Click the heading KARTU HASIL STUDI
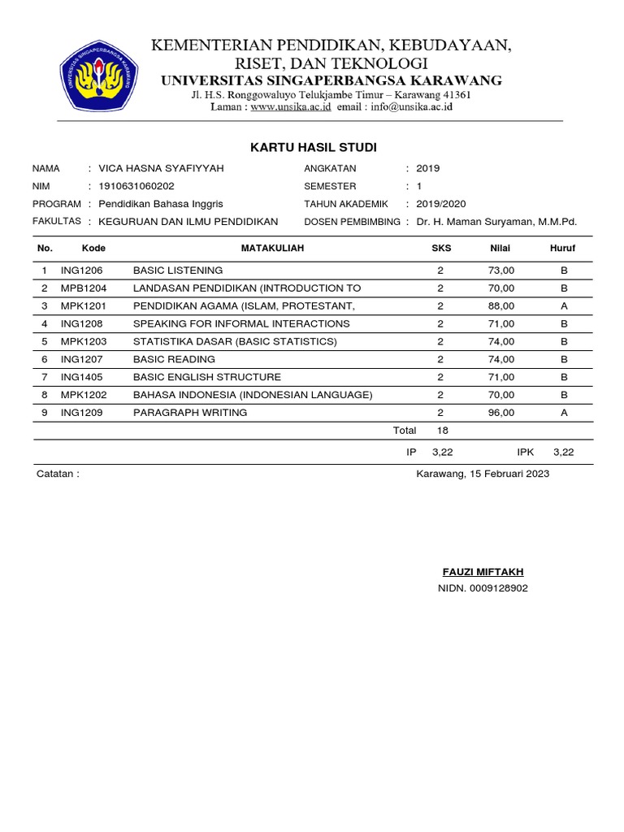313,147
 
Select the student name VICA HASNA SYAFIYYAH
160,169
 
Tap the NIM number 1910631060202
136,186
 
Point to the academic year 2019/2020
441,204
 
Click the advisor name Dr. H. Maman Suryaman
496,222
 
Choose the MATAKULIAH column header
272,249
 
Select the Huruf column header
562,249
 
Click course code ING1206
81,271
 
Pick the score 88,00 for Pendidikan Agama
501,306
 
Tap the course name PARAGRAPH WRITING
190,413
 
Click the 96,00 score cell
501,413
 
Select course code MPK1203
84,341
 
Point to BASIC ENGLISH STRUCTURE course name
207,377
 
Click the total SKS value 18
443,431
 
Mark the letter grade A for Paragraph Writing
563,413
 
